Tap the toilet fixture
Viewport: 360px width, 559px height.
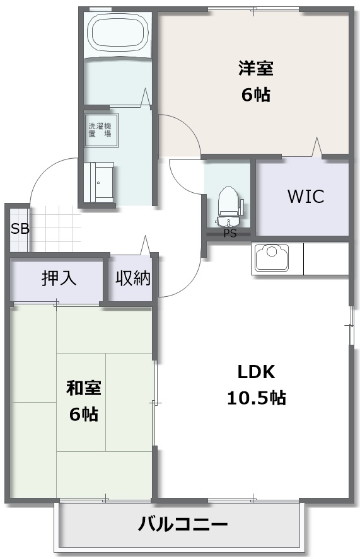(229, 207)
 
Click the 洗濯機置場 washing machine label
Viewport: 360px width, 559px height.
(100, 130)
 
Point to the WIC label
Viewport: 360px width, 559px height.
(306, 197)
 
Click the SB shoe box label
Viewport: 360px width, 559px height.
(20, 229)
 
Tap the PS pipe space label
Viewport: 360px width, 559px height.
(230, 234)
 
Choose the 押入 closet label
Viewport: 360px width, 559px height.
(59, 278)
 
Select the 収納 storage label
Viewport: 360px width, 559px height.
(133, 278)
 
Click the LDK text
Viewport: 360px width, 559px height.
(256, 372)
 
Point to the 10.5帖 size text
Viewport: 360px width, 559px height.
(256, 398)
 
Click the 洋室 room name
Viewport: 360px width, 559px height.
(256, 69)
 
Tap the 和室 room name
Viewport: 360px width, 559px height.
(84, 388)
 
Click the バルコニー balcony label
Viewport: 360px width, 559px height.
(183, 524)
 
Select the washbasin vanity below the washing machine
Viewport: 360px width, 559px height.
(101, 182)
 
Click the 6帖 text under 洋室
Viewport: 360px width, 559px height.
(256, 95)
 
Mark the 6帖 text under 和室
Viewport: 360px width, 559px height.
(84, 414)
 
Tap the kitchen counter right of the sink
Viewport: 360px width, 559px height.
(326, 259)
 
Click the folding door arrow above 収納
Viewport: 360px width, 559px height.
(145, 245)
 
